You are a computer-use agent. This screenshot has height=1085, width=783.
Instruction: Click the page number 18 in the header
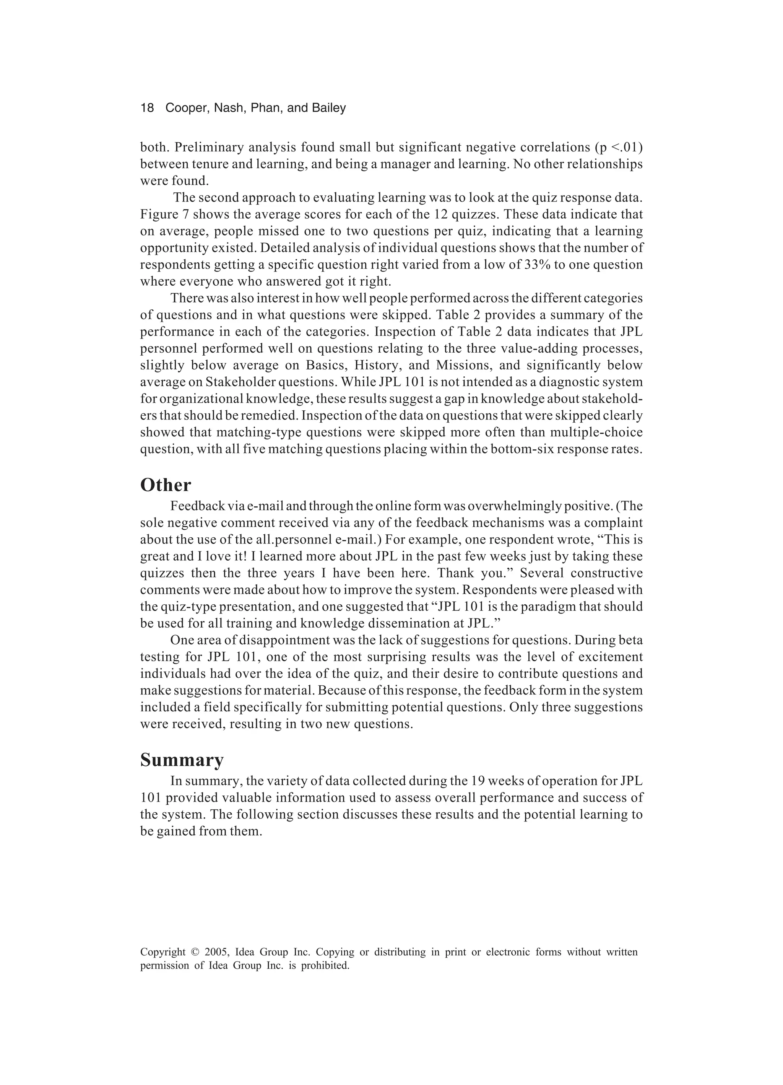pyautogui.click(x=147, y=108)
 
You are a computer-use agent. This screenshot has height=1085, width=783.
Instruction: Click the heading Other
pyautogui.click(x=165, y=485)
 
